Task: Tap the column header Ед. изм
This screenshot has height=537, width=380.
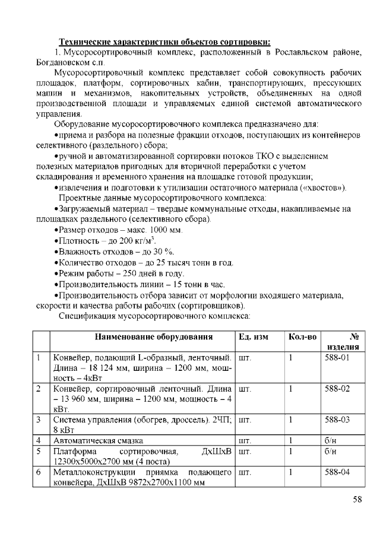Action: pyautogui.click(x=254, y=337)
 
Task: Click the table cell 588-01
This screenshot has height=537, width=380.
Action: pyautogui.click(x=337, y=358)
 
